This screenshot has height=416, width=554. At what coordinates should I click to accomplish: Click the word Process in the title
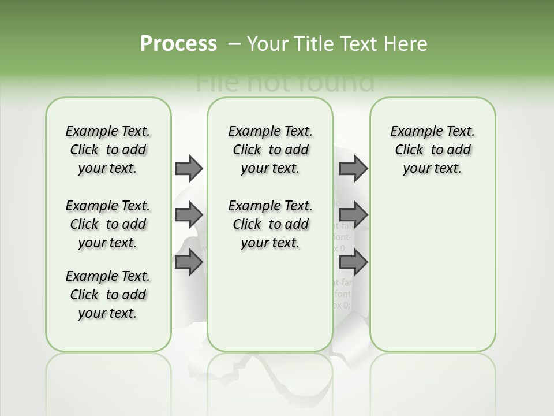178,44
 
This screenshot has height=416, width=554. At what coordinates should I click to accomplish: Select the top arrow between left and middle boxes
189,168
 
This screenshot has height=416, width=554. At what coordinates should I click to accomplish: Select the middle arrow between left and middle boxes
189,215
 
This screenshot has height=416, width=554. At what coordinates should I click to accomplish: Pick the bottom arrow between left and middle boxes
189,262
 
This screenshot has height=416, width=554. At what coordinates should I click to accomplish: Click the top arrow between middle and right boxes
353,168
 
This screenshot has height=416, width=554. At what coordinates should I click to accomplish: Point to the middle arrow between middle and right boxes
353,215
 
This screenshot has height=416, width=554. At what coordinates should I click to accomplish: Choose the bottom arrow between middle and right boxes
353,262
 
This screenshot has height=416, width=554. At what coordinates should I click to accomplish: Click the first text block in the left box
108,150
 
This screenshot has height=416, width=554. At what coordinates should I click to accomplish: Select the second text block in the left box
108,224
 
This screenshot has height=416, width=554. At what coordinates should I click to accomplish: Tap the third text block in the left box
108,295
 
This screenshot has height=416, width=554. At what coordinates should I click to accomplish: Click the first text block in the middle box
270,150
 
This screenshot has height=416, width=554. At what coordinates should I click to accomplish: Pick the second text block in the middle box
270,224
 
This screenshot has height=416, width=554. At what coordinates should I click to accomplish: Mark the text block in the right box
432,150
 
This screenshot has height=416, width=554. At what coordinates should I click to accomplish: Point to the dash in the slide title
234,44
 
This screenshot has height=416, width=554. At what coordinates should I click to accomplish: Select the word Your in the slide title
268,44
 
